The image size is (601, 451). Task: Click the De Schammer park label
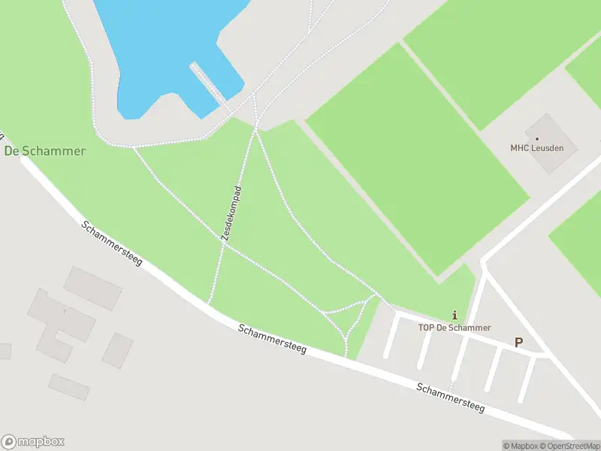click(x=44, y=150)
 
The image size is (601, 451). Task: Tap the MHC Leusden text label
click(x=537, y=148)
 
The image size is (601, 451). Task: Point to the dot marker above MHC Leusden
click(x=537, y=138)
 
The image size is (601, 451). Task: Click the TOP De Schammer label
click(x=455, y=328)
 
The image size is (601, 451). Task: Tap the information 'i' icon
click(x=455, y=315)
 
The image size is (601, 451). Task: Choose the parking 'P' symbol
click(x=518, y=342)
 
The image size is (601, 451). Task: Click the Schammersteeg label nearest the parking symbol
click(x=451, y=398)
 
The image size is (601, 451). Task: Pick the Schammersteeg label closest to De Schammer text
click(x=111, y=243)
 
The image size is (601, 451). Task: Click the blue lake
click(x=165, y=45)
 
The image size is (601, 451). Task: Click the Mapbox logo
click(x=33, y=441)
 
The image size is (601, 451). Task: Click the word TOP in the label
click(x=427, y=328)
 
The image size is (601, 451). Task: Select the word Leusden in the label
click(x=548, y=148)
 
